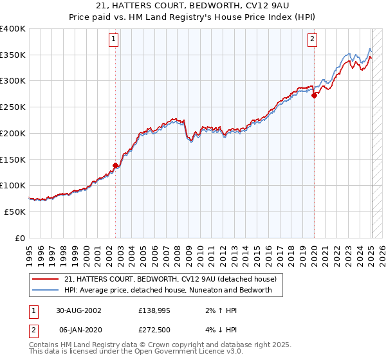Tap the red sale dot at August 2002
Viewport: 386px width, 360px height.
tap(116, 165)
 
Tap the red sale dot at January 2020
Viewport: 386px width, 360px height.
tap(314, 96)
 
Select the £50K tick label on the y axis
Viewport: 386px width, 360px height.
tap(15, 212)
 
